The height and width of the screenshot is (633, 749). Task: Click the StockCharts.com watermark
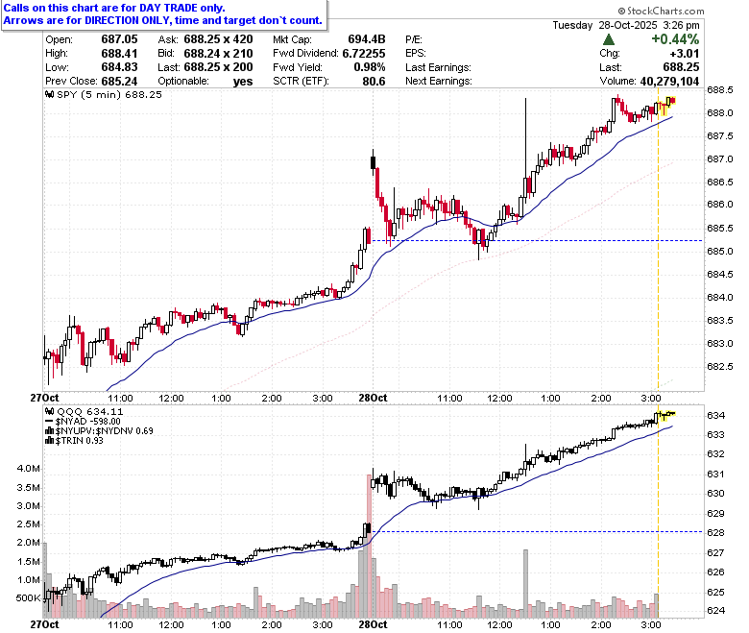pos(661,11)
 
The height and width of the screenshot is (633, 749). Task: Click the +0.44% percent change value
pos(675,39)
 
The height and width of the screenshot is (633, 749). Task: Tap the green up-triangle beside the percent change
pos(609,39)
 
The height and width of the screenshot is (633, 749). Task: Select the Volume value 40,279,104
pos(669,82)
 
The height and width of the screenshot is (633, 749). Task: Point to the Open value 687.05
pos(119,39)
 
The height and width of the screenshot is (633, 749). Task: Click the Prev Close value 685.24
pos(119,82)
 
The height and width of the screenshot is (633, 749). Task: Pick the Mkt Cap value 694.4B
pos(367,39)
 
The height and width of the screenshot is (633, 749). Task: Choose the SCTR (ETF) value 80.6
pos(374,82)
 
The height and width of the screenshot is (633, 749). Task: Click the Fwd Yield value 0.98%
pos(370,67)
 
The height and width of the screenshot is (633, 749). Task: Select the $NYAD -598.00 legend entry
pos(83,422)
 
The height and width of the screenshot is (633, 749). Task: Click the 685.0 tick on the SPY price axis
pos(720,252)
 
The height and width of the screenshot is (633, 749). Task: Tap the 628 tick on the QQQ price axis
pos(715,533)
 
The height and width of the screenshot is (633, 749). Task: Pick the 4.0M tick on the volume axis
pos(28,469)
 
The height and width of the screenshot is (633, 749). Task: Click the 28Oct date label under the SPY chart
pos(373,398)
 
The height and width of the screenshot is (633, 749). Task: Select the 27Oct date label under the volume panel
pos(44,624)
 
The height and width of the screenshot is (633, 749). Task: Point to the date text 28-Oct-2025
pos(628,25)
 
